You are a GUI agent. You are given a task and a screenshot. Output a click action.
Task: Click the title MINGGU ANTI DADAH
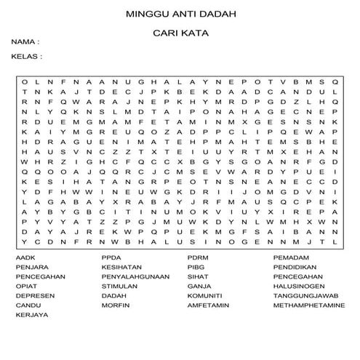[180, 13]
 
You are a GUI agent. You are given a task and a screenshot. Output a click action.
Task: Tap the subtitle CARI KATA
[180, 33]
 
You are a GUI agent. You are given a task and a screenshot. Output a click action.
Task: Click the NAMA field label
[25, 43]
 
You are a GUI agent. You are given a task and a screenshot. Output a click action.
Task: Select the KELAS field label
[26, 55]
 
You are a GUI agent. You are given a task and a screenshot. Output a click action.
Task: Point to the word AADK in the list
[23, 258]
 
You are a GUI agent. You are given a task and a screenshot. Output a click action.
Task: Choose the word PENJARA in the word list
[28, 268]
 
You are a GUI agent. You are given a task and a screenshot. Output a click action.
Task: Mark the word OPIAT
[24, 287]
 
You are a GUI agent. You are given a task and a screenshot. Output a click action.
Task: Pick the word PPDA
[111, 258]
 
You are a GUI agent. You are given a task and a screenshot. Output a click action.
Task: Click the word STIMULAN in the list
[119, 287]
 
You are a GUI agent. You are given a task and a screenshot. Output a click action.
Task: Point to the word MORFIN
[114, 305]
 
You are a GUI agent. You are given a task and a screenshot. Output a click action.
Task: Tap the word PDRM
[198, 258]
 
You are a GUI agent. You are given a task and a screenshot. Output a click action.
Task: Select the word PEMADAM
[290, 258]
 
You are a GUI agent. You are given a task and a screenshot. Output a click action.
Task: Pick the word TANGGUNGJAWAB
[305, 296]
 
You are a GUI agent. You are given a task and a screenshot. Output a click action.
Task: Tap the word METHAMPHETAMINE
[309, 305]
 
